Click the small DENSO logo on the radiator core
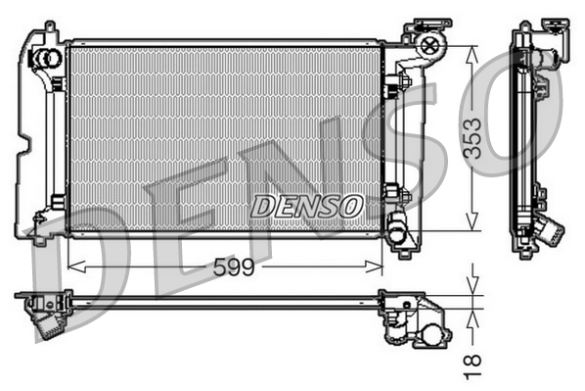[307, 205]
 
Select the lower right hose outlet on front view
[397, 232]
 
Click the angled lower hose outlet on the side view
[550, 233]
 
